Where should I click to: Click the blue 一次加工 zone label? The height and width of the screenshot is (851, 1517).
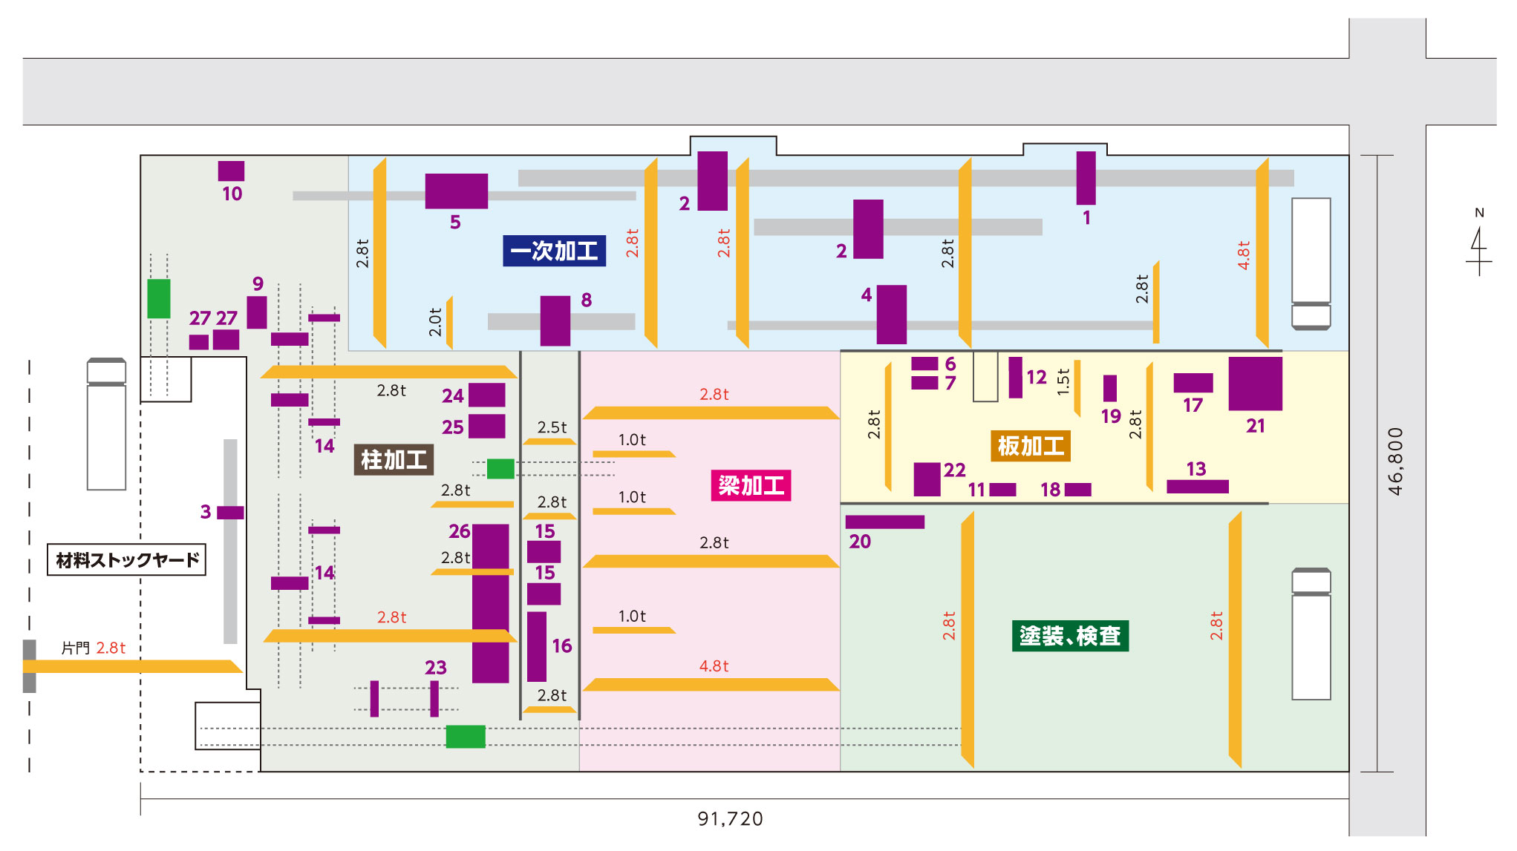point(554,251)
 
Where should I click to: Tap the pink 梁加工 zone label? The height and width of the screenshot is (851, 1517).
point(750,486)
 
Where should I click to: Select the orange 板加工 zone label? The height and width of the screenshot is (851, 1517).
point(1030,446)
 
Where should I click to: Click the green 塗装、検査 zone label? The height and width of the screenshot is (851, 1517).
point(1069,636)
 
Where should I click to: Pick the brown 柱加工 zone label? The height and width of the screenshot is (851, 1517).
point(393,460)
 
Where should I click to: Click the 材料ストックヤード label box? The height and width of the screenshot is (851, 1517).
point(126,559)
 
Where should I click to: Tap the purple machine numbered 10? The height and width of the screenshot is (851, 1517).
point(231,171)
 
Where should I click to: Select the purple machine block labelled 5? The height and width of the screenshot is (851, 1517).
point(456,191)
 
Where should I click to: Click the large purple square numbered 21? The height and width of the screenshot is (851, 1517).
point(1255,384)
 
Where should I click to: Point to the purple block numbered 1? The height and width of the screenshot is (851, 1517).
point(1086,178)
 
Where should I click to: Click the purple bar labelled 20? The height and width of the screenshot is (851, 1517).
point(884,522)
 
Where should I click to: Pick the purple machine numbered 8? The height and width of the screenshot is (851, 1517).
point(555,321)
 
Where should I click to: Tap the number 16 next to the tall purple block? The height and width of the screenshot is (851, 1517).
point(561,646)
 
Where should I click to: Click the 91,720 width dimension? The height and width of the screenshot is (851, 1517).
point(730,818)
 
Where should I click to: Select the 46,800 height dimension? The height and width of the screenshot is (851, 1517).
point(1395,461)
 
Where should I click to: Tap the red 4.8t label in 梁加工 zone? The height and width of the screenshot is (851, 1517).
point(714,666)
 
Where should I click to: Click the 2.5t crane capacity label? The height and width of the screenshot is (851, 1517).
point(552,427)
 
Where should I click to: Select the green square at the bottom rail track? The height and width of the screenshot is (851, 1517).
point(465,736)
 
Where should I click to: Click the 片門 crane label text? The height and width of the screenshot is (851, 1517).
point(75,648)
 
